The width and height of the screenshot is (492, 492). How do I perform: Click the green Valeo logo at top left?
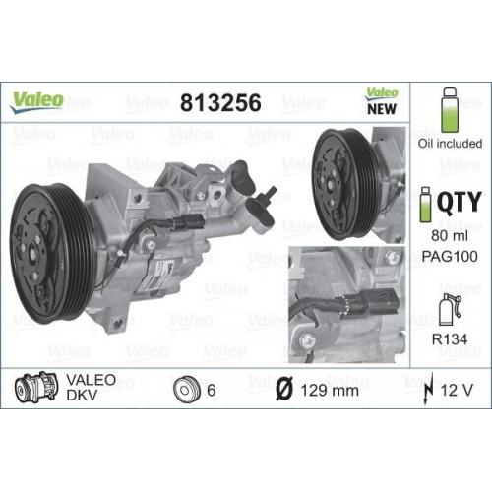click(x=37, y=99)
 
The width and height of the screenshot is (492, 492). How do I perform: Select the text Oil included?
click(x=452, y=143)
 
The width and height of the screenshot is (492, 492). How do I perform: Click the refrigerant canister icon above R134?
click(x=450, y=308)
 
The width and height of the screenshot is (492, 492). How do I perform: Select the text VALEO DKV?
click(x=91, y=388)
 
